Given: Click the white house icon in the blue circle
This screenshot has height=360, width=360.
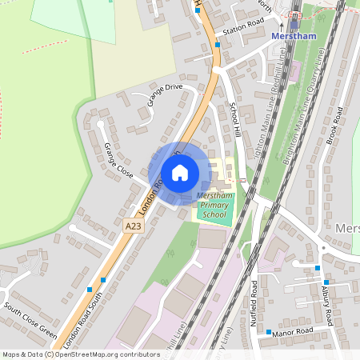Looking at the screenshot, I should pos(180,173).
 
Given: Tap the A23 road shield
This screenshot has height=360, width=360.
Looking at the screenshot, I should pos(134,227).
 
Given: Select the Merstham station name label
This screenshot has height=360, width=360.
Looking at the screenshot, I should pos(295,36).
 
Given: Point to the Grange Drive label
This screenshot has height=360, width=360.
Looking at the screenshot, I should pos(165,94).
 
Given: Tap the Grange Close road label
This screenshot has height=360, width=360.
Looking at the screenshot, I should pos(118,160).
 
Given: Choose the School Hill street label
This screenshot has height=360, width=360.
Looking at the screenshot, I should pos(235,119).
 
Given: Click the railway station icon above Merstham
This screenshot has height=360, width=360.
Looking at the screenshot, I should pos(294,22).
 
